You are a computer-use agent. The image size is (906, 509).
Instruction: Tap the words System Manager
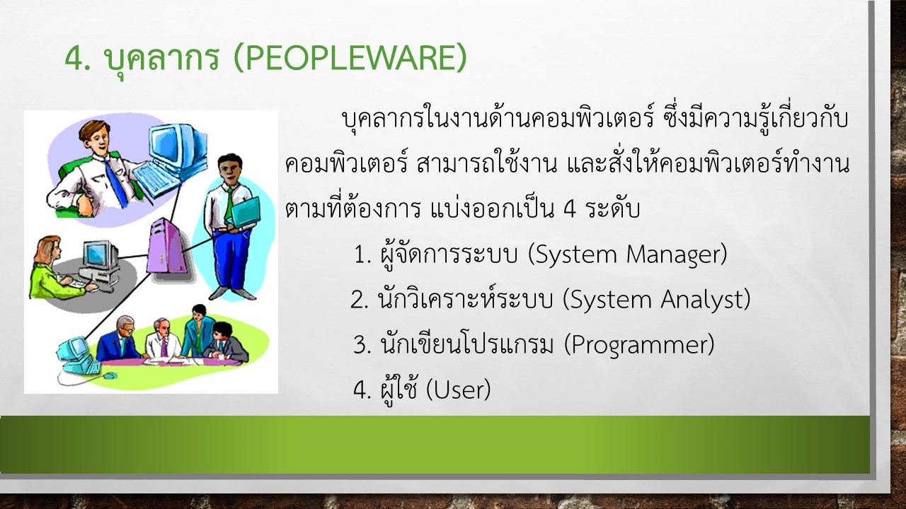[628, 255]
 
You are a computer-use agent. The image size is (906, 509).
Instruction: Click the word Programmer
[639, 345]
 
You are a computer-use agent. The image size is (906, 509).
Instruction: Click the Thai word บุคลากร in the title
[162, 59]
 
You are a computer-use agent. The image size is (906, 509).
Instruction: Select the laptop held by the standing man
[246, 212]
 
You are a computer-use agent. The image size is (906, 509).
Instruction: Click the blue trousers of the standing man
[231, 258]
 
